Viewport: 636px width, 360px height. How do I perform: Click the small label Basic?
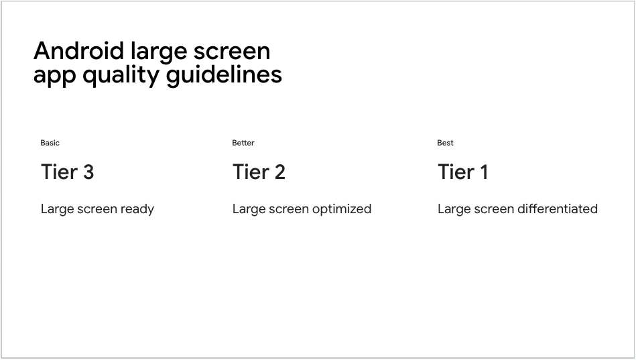pos(50,143)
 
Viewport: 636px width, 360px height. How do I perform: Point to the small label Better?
pos(243,143)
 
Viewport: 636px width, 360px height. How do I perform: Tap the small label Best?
pos(445,143)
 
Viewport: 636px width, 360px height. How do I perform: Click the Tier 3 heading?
pos(67,172)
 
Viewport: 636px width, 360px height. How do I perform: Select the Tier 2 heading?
pos(259,172)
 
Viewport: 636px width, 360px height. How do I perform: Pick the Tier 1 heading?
pos(462,172)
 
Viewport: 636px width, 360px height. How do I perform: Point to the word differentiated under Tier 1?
pos(557,209)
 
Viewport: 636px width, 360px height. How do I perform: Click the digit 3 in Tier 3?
pos(87,172)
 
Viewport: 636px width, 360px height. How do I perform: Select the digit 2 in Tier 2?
pos(279,172)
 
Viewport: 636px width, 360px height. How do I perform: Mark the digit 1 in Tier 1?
pos(483,172)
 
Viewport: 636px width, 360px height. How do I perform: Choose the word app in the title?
pos(55,76)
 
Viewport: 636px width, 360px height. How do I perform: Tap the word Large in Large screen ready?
pos(56,209)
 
